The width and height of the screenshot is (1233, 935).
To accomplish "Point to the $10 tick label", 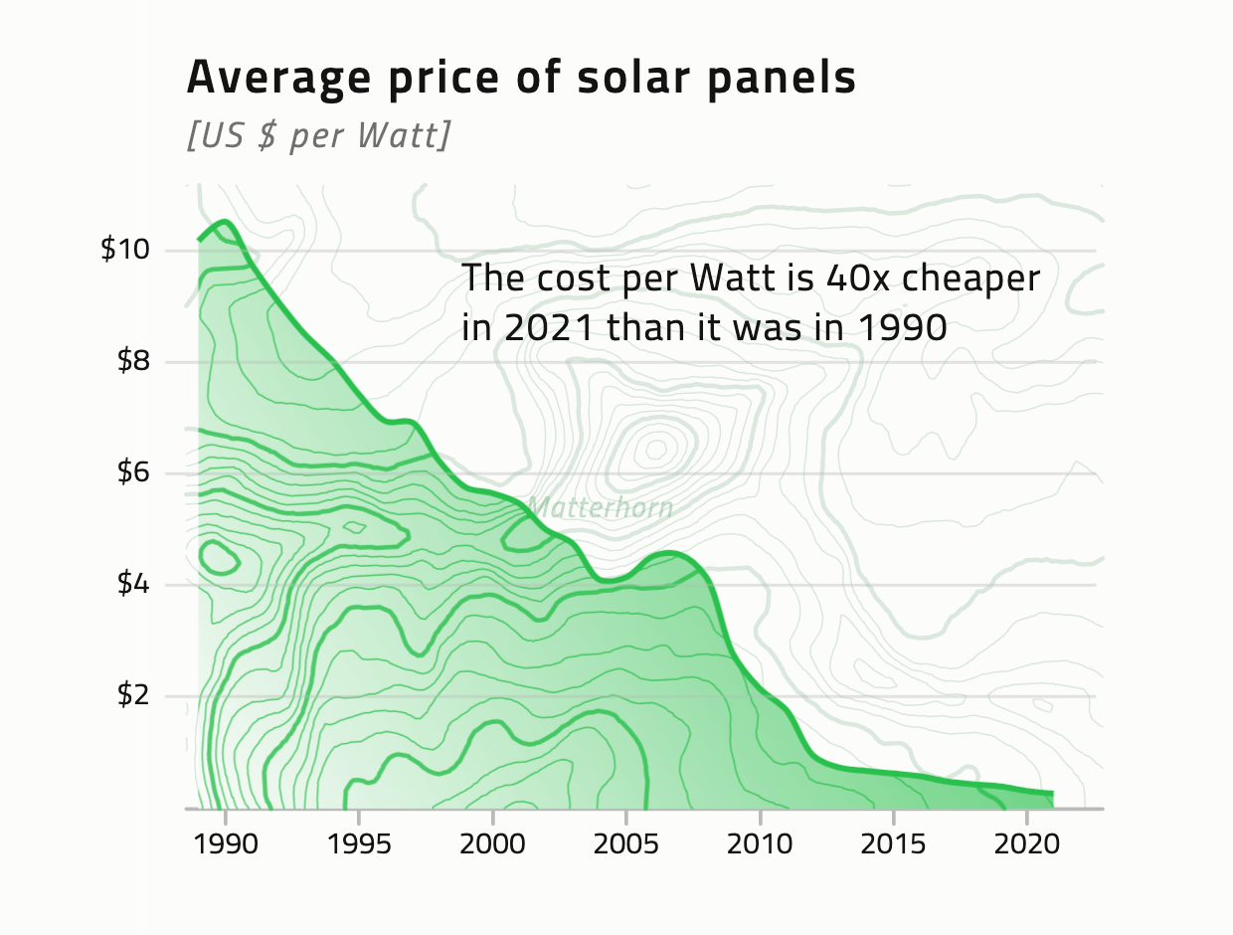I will (x=125, y=250).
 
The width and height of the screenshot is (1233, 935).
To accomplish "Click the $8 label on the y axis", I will (x=133, y=361).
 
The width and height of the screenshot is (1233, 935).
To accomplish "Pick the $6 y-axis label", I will (x=133, y=473).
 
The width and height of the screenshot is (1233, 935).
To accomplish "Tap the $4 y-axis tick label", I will (x=133, y=585).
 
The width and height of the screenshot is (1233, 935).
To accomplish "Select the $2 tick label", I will (x=133, y=696).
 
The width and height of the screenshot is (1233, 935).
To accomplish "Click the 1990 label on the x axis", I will (x=226, y=845).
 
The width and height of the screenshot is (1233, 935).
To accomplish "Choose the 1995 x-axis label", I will (x=359, y=845).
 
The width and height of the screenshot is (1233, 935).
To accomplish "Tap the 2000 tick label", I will (x=492, y=845).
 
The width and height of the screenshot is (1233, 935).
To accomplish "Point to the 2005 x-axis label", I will (x=625, y=845).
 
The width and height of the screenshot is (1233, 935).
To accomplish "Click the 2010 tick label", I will (x=760, y=845).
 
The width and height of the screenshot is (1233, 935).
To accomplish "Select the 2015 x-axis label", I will (x=893, y=845).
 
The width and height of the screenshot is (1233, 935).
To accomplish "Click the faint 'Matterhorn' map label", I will (x=600, y=508).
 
